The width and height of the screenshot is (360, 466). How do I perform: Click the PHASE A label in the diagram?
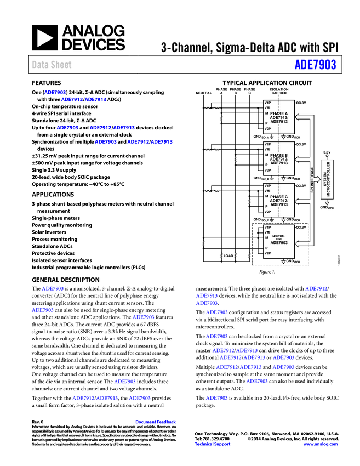(278, 113)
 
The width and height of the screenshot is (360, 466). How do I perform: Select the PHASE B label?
(278, 155)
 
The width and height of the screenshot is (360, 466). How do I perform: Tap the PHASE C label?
(278, 197)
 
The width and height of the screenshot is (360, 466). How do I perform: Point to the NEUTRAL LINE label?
(279, 237)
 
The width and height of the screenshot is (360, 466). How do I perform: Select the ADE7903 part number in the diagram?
(279, 243)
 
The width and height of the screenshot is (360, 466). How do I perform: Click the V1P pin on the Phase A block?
(267, 103)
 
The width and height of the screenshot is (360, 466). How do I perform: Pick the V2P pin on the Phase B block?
(267, 171)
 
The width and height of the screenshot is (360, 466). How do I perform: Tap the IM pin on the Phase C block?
(266, 196)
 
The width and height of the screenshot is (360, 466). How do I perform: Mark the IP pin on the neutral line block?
(266, 248)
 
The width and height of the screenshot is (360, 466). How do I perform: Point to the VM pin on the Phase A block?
(267, 108)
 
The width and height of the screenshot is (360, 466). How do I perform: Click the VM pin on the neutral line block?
(267, 232)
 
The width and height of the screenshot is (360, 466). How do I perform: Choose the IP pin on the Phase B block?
(266, 165)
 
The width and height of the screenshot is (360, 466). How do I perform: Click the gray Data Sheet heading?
(52, 65)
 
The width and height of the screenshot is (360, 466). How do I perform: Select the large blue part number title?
(315, 65)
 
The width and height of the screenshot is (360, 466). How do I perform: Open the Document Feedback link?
(156, 422)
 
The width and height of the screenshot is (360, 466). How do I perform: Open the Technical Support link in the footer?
(213, 444)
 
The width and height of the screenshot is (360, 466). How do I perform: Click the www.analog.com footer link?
(321, 444)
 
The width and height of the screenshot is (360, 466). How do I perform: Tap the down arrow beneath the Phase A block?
(283, 137)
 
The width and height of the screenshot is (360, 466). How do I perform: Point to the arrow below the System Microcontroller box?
(327, 203)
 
